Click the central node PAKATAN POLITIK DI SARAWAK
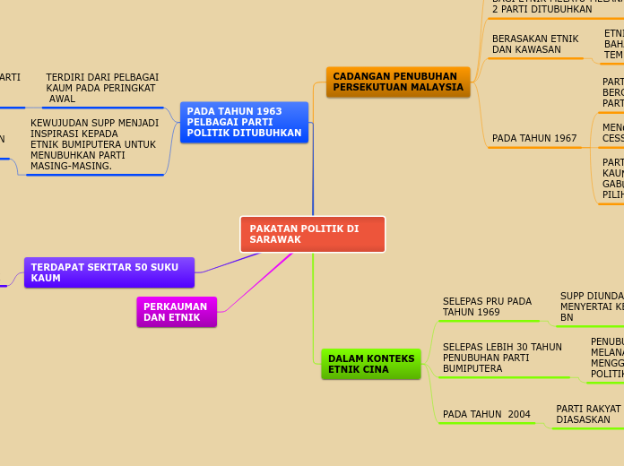(x=312, y=234)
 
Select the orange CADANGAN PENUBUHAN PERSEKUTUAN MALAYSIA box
(x=398, y=82)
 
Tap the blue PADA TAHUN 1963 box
(x=244, y=122)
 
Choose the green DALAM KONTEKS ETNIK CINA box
(x=371, y=364)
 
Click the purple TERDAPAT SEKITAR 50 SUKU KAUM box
(x=108, y=272)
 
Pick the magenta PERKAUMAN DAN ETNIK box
(x=177, y=312)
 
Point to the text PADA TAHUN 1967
(x=534, y=139)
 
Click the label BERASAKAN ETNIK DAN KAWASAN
(x=535, y=45)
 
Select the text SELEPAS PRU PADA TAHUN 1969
(x=487, y=307)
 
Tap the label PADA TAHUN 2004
(x=487, y=414)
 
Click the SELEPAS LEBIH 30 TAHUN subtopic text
(x=502, y=358)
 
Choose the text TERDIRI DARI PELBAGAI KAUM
(x=102, y=88)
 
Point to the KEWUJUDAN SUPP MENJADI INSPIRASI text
(x=94, y=144)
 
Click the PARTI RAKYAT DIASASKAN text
(x=588, y=414)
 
